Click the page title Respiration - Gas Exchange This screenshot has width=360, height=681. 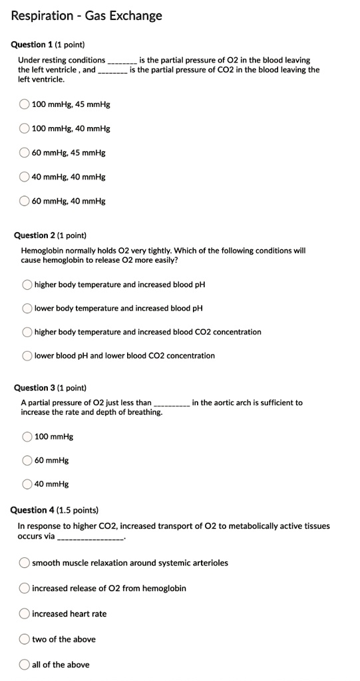[x=87, y=15]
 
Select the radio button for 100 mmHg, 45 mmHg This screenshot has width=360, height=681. [x=25, y=104]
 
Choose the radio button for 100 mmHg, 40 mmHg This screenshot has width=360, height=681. [x=25, y=128]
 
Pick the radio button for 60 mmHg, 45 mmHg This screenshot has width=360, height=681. [x=25, y=153]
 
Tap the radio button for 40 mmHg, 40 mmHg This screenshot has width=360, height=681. [x=25, y=177]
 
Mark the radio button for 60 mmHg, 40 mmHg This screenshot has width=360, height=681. [x=25, y=201]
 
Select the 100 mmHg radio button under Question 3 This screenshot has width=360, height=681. [x=27, y=437]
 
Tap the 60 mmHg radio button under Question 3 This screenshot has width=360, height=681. [x=27, y=460]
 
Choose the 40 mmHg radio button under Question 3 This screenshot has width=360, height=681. [x=27, y=484]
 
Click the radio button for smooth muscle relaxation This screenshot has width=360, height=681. [x=25, y=563]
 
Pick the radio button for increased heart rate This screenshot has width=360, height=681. [x=25, y=614]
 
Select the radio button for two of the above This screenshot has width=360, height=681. [x=25, y=639]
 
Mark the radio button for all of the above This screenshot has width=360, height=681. [x=25, y=664]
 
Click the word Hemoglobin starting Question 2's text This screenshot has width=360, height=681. [x=41, y=251]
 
